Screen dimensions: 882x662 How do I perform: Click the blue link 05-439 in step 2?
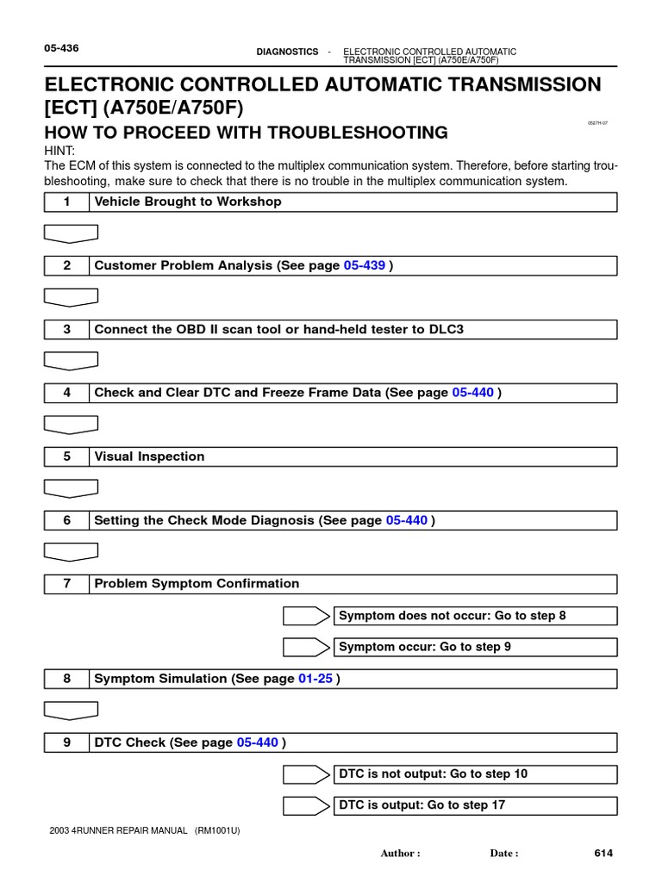pos(364,266)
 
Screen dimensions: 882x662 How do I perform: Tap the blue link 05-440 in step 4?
pos(472,393)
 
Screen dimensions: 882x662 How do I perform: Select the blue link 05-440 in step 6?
pos(407,520)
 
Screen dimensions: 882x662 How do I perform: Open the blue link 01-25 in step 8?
pos(315,679)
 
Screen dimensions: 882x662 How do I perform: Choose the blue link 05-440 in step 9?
pos(257,742)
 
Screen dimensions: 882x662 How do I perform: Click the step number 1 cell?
pos(66,202)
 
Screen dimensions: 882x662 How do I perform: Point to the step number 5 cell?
pos(66,457)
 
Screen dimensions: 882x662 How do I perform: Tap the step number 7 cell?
pos(66,584)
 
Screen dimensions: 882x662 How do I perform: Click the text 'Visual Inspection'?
pos(149,457)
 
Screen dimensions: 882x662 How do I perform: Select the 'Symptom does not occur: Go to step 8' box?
pos(476,616)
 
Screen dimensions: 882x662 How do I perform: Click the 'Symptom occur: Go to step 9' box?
pos(476,647)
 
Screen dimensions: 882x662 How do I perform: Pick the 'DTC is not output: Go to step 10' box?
pos(476,774)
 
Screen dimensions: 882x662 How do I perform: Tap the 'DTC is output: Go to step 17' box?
pos(476,805)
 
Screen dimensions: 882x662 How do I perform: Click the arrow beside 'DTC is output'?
pos(307,805)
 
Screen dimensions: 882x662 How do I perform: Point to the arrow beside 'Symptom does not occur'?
pos(307,616)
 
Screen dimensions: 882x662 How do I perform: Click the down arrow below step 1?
pos(71,233)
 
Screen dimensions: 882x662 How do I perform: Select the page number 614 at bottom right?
pos(603,854)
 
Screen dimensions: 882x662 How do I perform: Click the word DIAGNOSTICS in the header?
pos(287,52)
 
